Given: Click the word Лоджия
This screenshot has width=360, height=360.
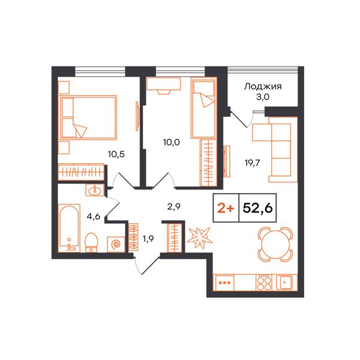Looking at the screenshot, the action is tap(263, 87).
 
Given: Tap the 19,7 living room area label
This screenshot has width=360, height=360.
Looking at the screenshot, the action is tap(252, 163).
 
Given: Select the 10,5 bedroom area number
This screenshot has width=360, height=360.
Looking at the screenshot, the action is tap(116, 154).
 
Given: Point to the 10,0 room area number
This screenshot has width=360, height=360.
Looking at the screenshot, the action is tap(172, 142).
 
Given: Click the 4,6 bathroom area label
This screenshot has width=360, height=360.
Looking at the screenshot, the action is tap(94, 216).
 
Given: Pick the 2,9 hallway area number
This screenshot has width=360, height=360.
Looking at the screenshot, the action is tap(174, 207).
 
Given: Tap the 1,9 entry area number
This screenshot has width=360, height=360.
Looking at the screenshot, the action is tap(148, 239).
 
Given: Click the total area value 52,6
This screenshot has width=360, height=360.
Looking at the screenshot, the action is tap(257, 208).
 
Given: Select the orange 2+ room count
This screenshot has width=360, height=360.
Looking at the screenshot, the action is tap(226, 208).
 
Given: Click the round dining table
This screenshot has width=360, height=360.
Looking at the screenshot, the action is tap(275, 244).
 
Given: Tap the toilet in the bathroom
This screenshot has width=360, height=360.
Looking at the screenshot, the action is tap(91, 242).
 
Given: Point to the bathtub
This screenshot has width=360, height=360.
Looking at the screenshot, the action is tap(69, 228).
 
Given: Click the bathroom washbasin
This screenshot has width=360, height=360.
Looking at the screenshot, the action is tap(95, 190).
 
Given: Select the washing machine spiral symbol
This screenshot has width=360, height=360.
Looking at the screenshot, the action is tap(116, 244).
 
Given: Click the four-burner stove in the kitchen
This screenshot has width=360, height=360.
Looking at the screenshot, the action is tap(264, 283).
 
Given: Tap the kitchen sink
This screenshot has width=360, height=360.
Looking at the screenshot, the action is tap(284, 282).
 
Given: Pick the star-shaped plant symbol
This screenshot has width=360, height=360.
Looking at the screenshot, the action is tap(199, 238).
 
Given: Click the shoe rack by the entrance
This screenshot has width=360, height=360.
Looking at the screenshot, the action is tap(133, 237).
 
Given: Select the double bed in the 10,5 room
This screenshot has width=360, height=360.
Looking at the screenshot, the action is tap(88, 118).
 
